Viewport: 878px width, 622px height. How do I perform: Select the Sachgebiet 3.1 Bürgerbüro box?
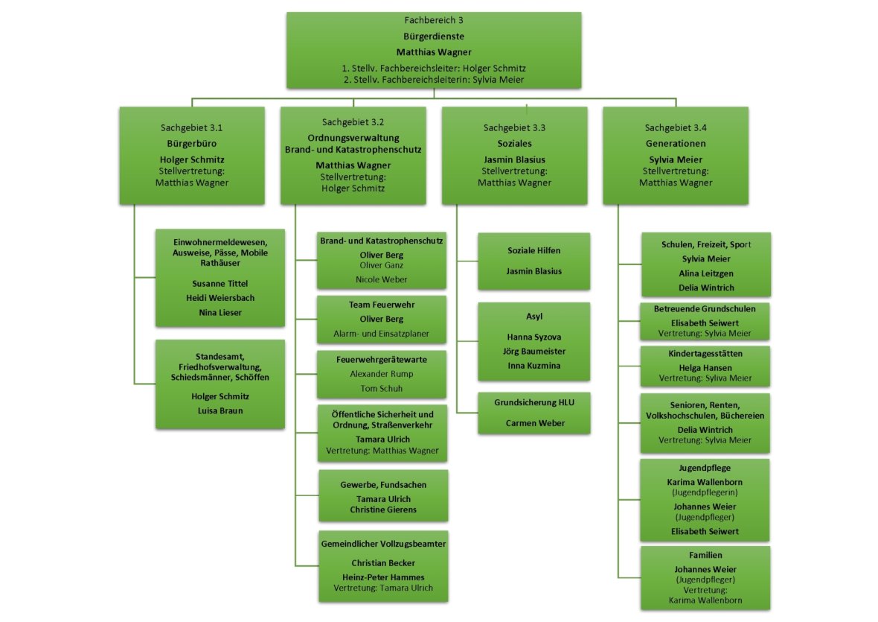(192, 156)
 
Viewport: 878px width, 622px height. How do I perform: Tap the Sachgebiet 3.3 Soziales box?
(514, 156)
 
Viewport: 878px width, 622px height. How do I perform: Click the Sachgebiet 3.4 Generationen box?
(676, 156)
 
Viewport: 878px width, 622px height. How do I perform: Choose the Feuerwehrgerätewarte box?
(382, 374)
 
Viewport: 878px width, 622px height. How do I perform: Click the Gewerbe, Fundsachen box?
(383, 495)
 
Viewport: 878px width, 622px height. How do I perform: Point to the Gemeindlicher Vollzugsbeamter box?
(383, 565)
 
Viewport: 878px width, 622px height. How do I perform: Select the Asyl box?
(534, 342)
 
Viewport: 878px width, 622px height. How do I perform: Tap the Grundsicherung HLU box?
(534, 413)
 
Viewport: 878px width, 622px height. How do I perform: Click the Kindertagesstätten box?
(694, 366)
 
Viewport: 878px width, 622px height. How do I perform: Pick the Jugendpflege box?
(694, 500)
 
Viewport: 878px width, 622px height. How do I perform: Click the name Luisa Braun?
(219, 410)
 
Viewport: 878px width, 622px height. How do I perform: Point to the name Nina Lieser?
(219, 313)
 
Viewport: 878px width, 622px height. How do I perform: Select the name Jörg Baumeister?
(534, 351)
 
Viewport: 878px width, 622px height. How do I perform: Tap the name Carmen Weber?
(534, 423)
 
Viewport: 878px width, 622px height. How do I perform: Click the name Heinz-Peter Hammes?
(383, 577)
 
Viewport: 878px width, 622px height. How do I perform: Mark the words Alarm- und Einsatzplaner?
(382, 334)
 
